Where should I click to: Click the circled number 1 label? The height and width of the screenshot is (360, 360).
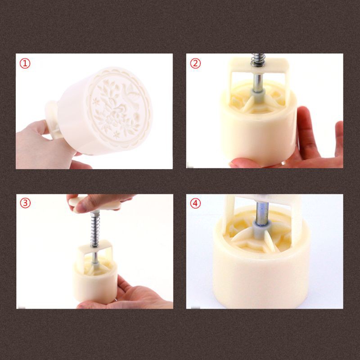(25, 63)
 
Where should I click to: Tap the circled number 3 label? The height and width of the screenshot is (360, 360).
(25, 203)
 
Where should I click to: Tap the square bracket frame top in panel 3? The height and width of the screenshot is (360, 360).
(95, 247)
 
